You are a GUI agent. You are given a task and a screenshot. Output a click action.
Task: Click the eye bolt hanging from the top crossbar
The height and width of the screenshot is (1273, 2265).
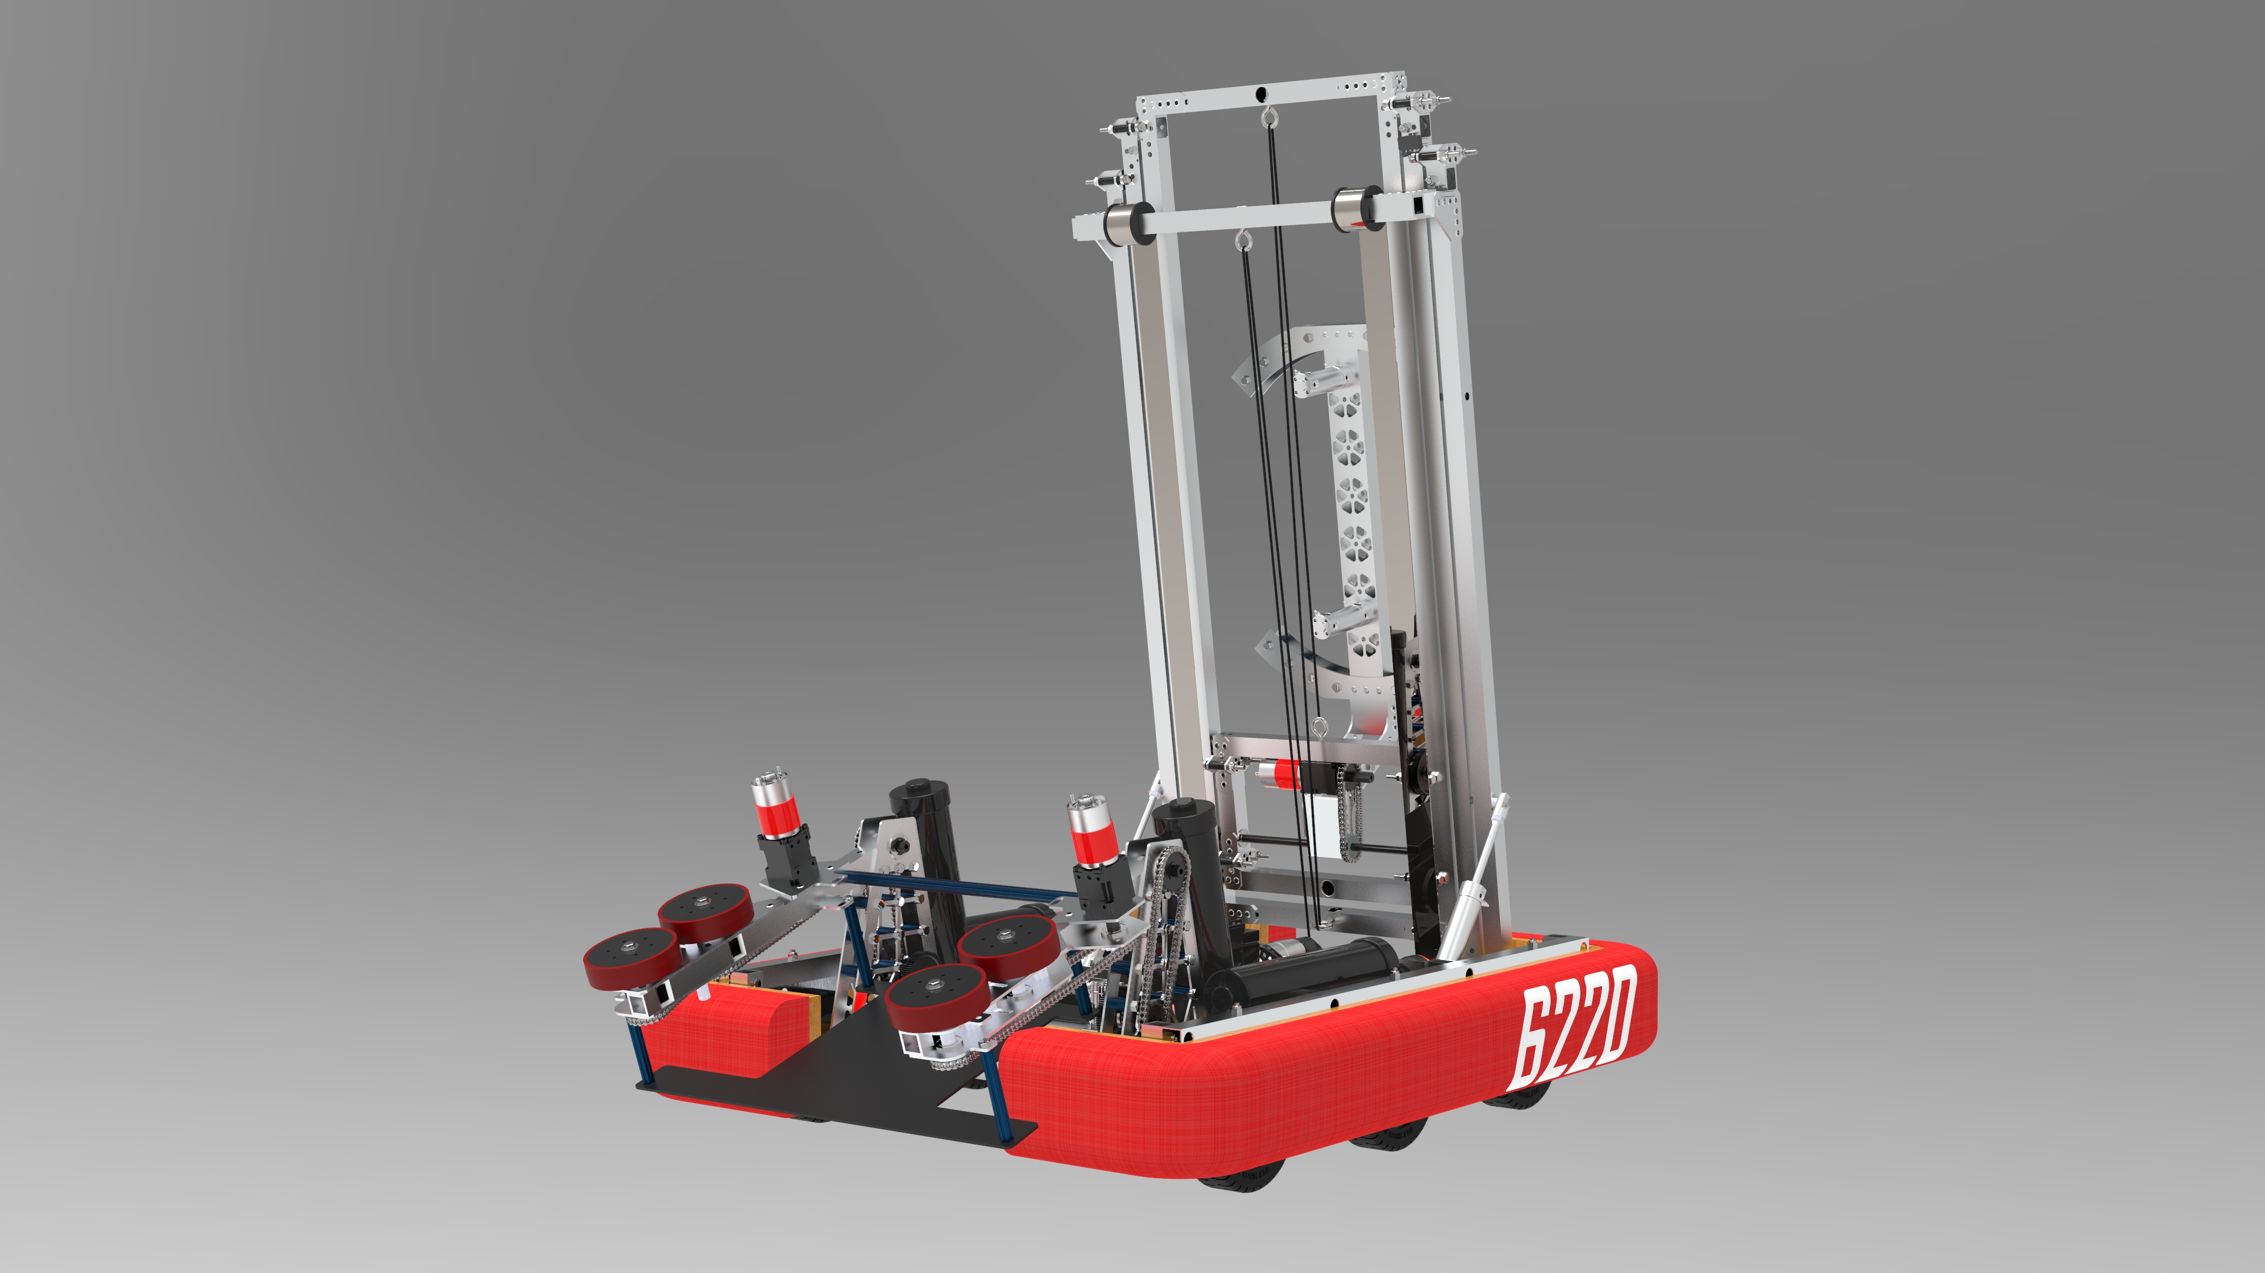click(1267, 117)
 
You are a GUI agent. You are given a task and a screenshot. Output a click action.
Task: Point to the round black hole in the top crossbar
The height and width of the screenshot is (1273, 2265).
click(1262, 93)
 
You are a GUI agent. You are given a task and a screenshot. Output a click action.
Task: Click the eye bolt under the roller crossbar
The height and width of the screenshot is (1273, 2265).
click(1242, 239)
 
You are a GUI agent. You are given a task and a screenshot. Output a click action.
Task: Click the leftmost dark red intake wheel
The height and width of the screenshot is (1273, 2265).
click(631, 959)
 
